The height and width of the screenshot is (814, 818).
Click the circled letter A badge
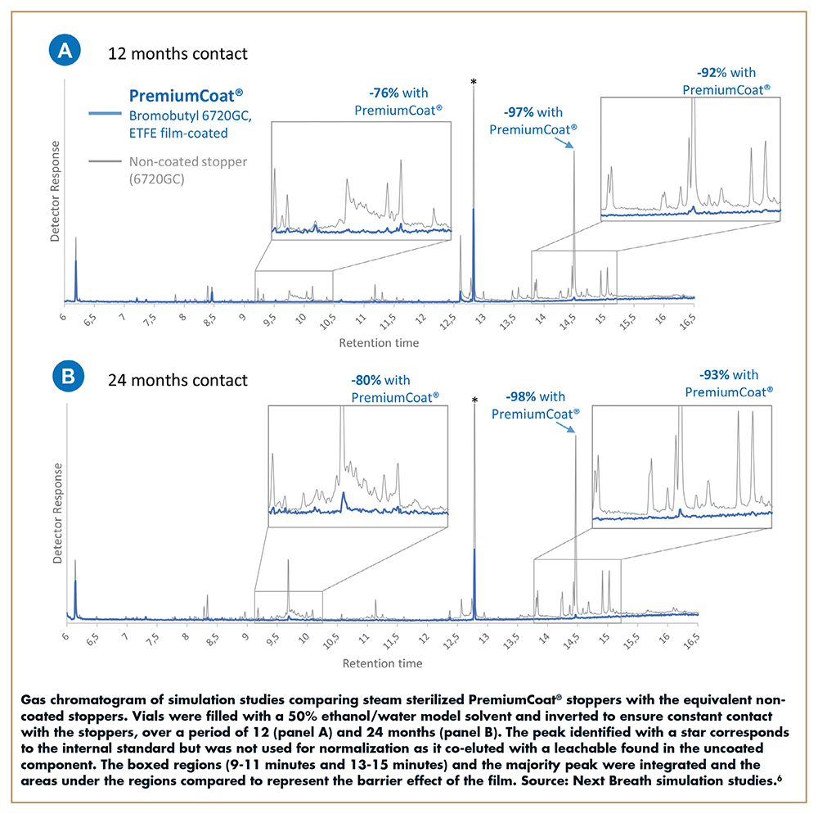65,52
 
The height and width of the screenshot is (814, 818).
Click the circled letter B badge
65,378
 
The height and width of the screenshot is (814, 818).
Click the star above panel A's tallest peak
473,82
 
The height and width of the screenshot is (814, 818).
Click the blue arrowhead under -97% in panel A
572,147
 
